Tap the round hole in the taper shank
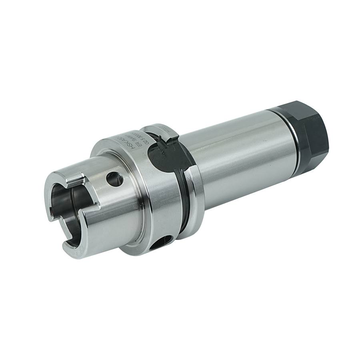click(x=115, y=178)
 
